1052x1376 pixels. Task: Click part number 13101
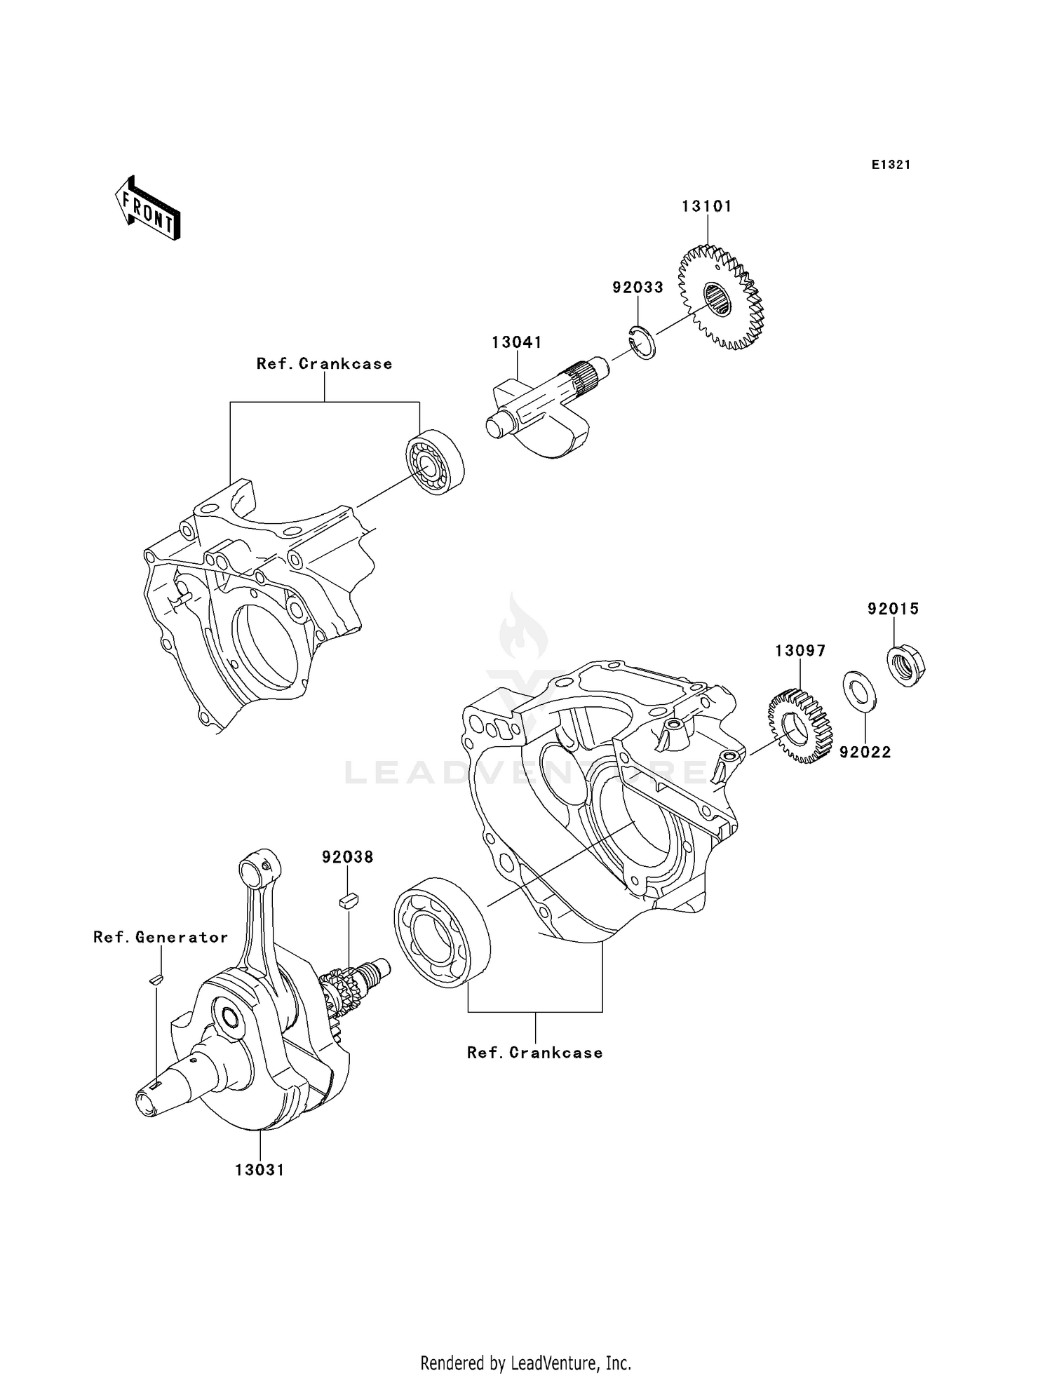click(x=707, y=207)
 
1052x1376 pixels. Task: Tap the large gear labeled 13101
click(x=720, y=298)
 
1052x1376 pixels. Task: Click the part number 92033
click(x=638, y=288)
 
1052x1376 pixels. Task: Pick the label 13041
click(x=517, y=343)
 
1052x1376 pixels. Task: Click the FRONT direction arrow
click(x=148, y=210)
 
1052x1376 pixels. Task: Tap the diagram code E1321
click(x=891, y=165)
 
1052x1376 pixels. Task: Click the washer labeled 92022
click(x=858, y=690)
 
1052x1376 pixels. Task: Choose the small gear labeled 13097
click(x=800, y=726)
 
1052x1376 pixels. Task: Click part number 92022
click(x=865, y=753)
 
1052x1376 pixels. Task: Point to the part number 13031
click(x=259, y=1171)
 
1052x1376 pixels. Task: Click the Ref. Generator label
click(x=161, y=938)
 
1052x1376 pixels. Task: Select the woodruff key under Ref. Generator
click(x=156, y=980)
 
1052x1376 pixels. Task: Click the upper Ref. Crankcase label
click(x=324, y=364)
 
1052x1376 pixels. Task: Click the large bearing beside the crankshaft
click(x=442, y=932)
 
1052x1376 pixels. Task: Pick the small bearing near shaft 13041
click(x=435, y=462)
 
